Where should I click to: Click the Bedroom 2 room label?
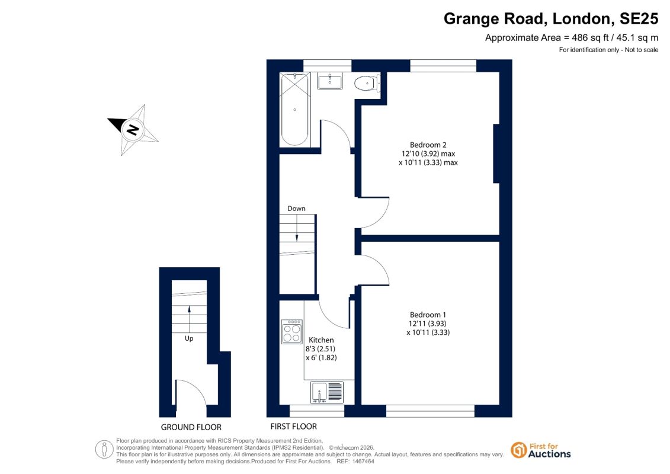tap(428, 145)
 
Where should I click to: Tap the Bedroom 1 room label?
tap(428, 315)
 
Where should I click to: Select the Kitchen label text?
tap(321, 340)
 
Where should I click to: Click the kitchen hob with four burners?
tap(292, 332)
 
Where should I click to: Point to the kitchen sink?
tap(327, 392)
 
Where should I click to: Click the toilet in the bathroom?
tap(367, 83)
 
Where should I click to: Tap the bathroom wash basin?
tap(330, 81)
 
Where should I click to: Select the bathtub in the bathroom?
tap(295, 110)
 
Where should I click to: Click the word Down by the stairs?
tap(296, 209)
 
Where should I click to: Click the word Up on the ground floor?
tap(189, 338)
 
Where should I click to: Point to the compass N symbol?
tap(133, 129)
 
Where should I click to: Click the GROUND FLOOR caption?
tap(191, 427)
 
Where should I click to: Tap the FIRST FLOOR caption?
tap(294, 426)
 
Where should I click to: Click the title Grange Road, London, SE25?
tap(551, 19)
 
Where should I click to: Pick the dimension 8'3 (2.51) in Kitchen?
tap(320, 349)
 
